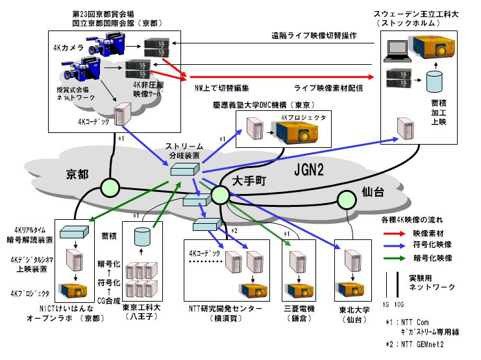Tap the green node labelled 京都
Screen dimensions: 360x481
[x=110, y=188]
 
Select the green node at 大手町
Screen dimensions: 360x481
[x=221, y=195]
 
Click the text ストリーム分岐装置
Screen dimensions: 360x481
[x=185, y=151]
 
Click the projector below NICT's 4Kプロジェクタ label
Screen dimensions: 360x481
[x=68, y=289]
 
